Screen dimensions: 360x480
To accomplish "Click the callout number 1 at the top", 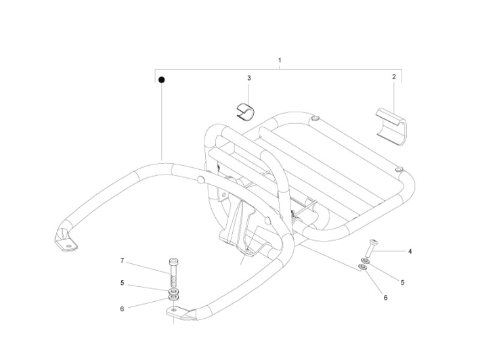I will click(x=280, y=60).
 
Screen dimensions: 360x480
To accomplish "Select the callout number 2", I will click(x=394, y=77).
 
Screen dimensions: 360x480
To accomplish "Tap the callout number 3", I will click(x=248, y=78).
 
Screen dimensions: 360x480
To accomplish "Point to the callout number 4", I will click(x=410, y=252).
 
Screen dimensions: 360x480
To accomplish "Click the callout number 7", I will click(x=122, y=261).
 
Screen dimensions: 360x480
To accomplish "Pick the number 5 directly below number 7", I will click(x=122, y=283).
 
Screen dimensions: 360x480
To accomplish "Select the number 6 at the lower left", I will click(x=122, y=309).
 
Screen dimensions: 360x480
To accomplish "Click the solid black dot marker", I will click(x=162, y=80).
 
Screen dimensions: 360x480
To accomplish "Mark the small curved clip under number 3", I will click(x=244, y=110).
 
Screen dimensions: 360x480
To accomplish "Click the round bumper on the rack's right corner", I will click(x=399, y=168).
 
